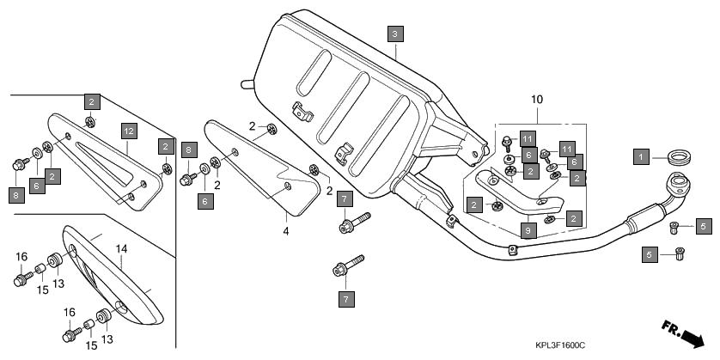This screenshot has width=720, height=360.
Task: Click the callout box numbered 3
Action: pos(394,34)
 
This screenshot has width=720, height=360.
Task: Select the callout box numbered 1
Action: pos(640,157)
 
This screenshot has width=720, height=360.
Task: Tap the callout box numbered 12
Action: pos(128,131)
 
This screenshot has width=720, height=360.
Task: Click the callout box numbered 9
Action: pos(528,230)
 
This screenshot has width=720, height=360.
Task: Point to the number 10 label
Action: pos(536,100)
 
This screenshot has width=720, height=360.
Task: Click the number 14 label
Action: pos(121,248)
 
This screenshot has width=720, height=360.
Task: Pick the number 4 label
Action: pos(286,229)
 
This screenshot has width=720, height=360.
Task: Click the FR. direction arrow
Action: pos(685,331)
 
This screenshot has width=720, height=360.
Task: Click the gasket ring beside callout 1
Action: pos(681,157)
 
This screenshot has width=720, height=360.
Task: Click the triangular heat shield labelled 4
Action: pos(258,168)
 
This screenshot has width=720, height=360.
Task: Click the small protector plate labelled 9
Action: pos(520,193)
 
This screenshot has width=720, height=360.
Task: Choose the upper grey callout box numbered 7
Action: pos(343,198)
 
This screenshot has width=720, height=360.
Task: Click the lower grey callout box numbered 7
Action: pos(343,299)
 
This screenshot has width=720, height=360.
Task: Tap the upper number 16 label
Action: pos(21,256)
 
